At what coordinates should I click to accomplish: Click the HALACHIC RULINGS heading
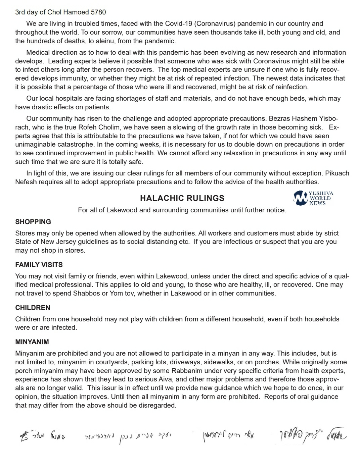[x=182, y=198]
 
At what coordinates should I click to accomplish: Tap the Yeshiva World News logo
[x=313, y=198]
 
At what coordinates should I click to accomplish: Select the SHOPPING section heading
[x=33, y=222]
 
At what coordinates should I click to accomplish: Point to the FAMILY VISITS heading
[x=39, y=265]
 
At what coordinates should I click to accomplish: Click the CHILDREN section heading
[x=33, y=308]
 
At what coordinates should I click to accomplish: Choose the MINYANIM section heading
[x=32, y=342]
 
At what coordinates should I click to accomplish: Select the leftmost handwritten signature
[x=43, y=436]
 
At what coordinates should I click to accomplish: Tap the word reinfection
[x=292, y=87]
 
